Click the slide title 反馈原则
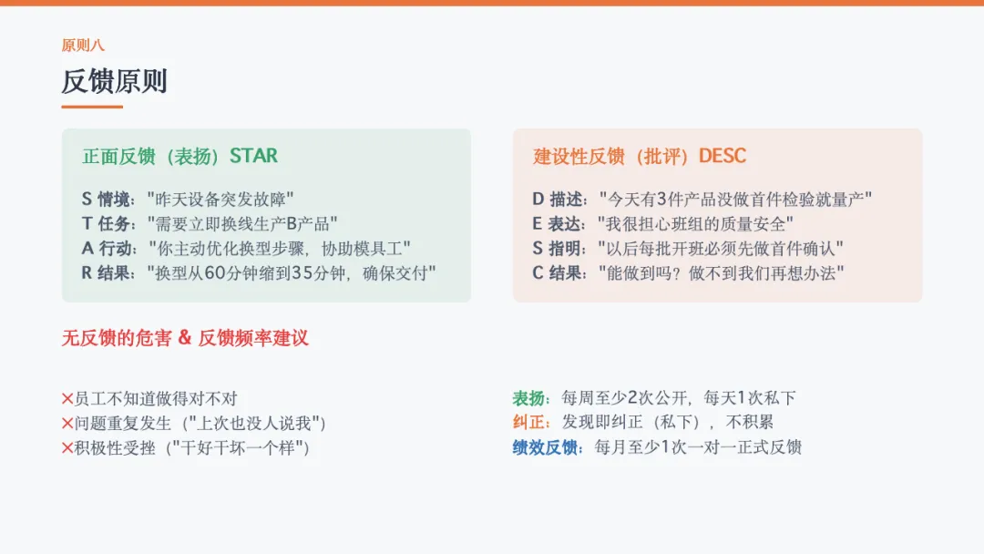tap(114, 82)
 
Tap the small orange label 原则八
tap(83, 46)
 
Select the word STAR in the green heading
tap(253, 156)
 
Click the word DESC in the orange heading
tap(723, 156)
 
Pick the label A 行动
tap(107, 249)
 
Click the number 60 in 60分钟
tap(215, 273)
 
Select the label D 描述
tap(558, 200)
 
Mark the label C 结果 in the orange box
tap(558, 273)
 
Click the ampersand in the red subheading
tap(184, 337)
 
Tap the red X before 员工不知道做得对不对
tap(67, 398)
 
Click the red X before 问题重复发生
tap(67, 424)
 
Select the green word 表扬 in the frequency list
tap(528, 398)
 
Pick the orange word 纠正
tap(528, 422)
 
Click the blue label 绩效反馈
tap(545, 447)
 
